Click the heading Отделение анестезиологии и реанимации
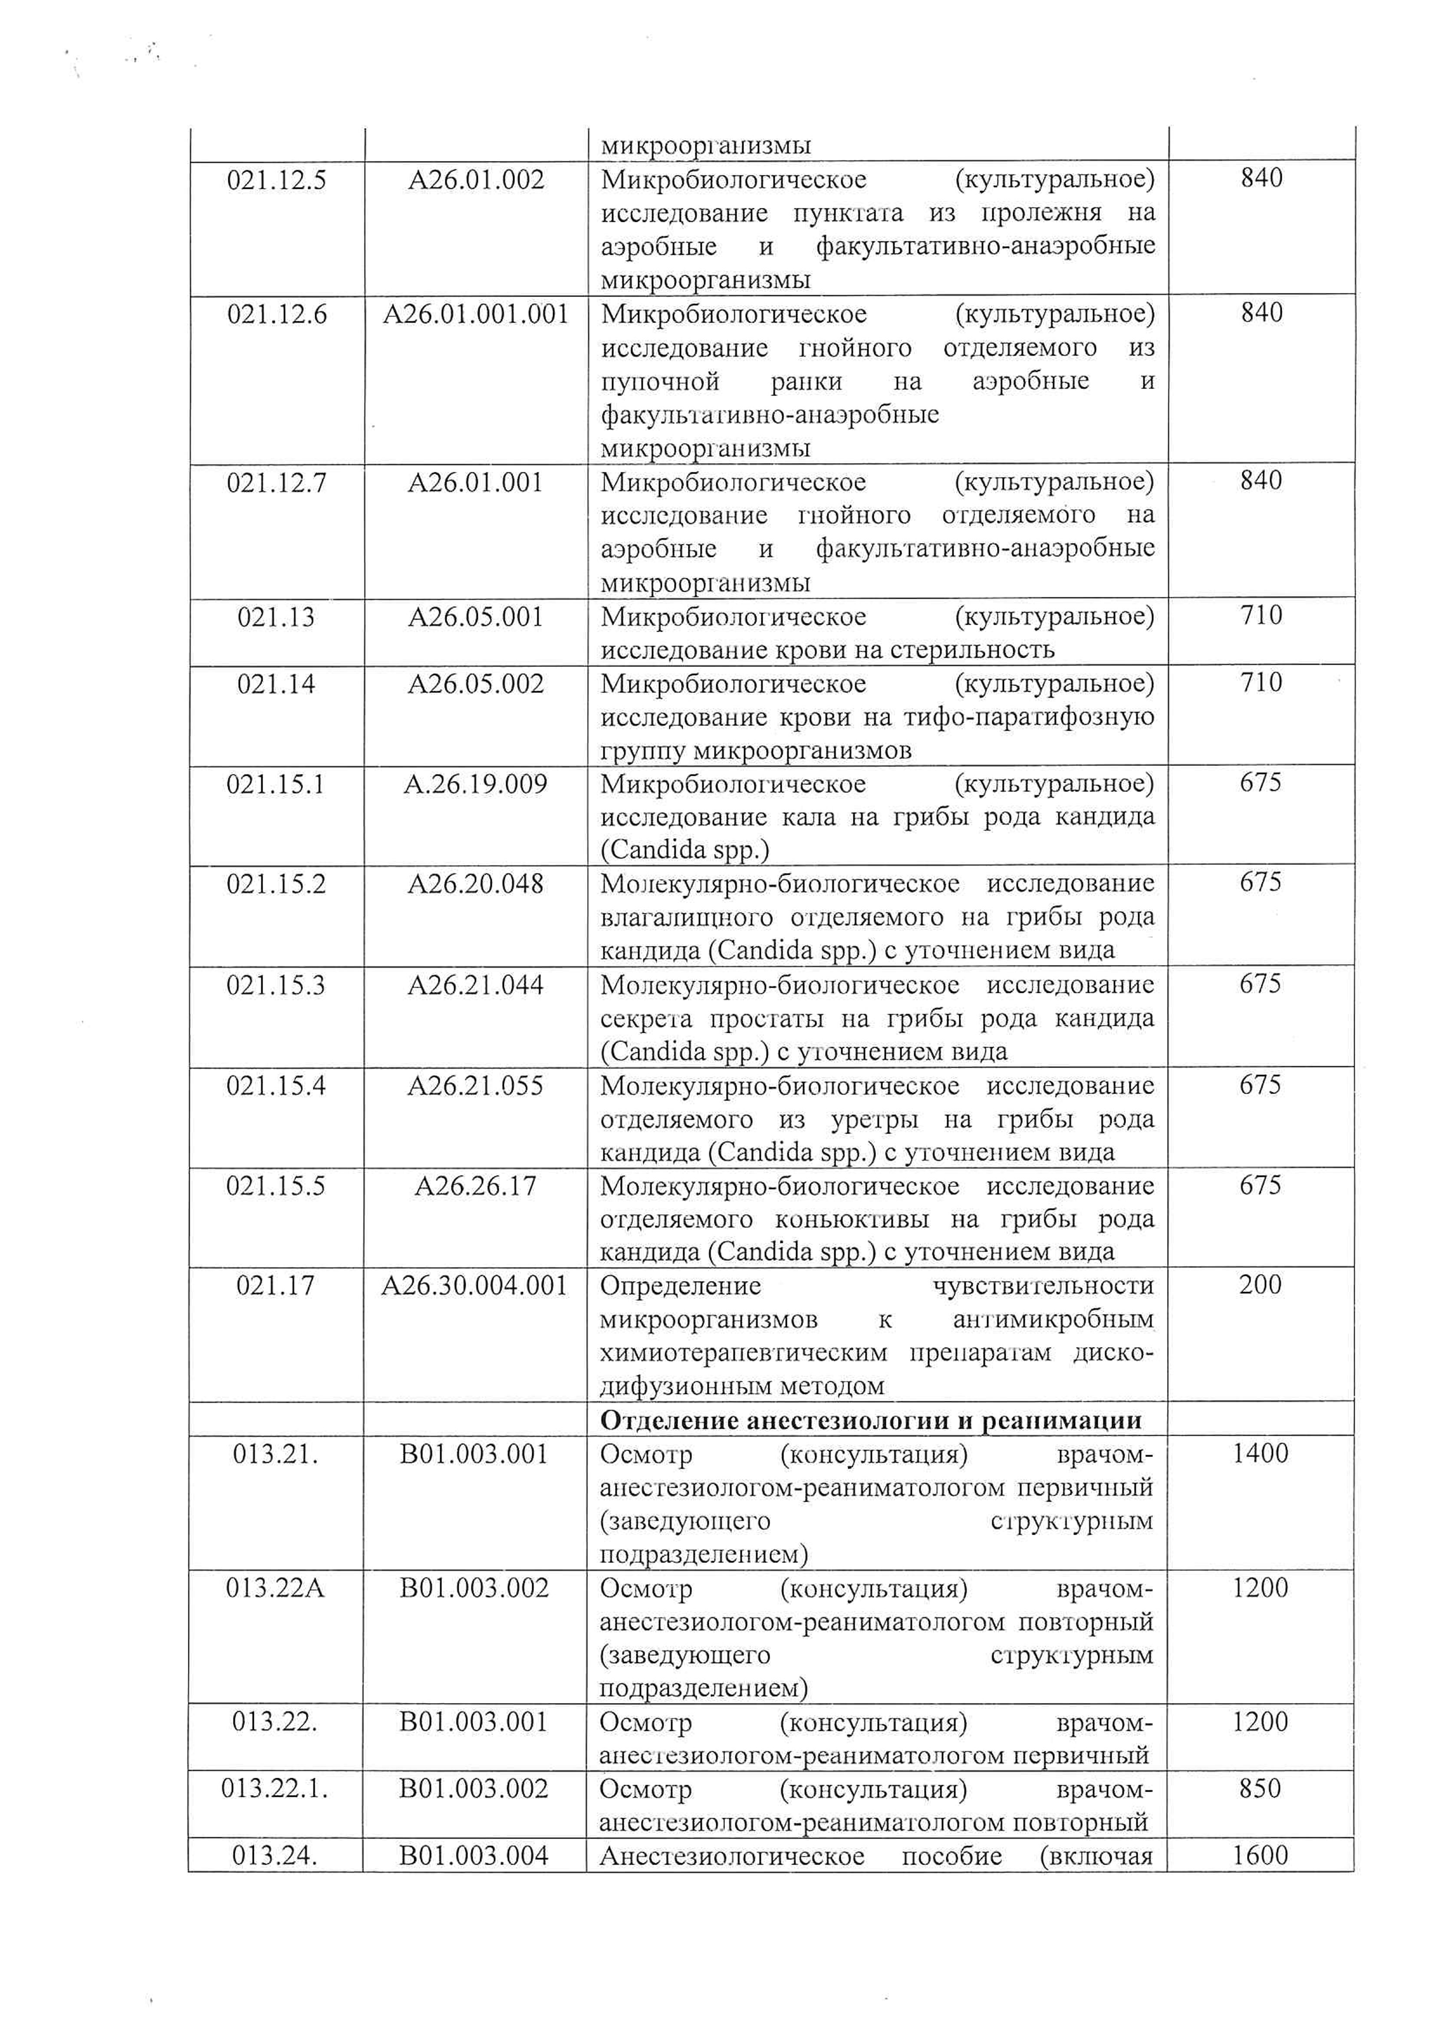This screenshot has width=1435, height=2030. point(871,1421)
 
